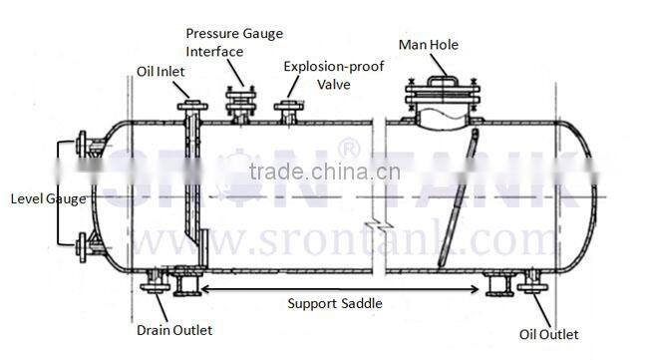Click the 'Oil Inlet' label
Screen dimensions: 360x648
click(161, 71)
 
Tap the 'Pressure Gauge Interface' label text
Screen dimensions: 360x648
click(232, 42)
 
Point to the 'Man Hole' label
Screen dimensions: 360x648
click(430, 44)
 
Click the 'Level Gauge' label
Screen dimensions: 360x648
click(48, 198)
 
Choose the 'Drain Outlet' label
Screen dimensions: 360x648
click(173, 330)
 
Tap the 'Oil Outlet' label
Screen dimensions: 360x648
click(549, 334)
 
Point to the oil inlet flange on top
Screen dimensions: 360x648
click(190, 105)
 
